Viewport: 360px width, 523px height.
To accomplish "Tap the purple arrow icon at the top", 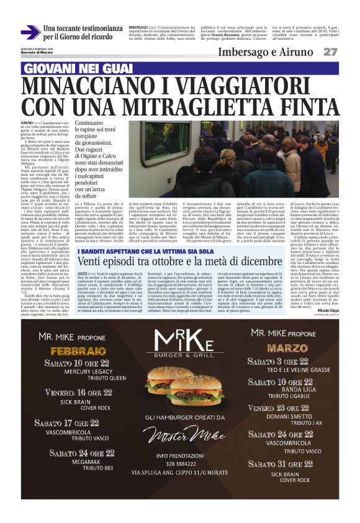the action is pyautogui.click(x=30, y=32).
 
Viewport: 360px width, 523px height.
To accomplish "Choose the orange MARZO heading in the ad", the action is pyautogui.click(x=286, y=348).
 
